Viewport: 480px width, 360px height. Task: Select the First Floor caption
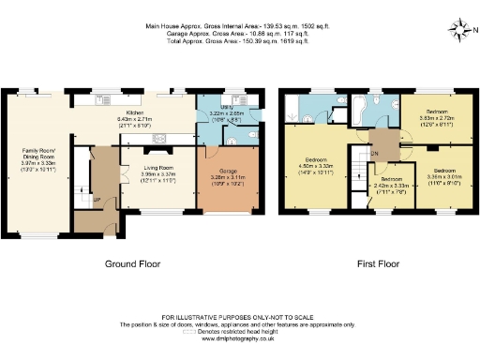pyautogui.click(x=379, y=264)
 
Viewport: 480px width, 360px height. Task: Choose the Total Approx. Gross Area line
pyautogui.click(x=239, y=42)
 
